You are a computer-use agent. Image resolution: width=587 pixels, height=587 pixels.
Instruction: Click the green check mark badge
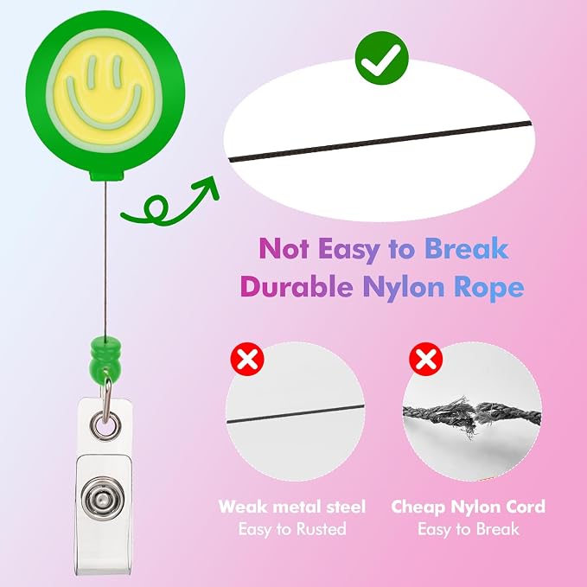pyautogui.click(x=382, y=59)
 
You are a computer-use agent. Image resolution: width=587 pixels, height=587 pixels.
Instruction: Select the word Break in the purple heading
pyautogui.click(x=466, y=248)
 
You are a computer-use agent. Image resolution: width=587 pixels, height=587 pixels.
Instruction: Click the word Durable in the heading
pyautogui.click(x=297, y=287)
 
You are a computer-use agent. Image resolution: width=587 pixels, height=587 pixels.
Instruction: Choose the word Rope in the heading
pyautogui.click(x=489, y=289)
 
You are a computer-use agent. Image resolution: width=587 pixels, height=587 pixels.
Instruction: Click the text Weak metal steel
pyautogui.click(x=292, y=507)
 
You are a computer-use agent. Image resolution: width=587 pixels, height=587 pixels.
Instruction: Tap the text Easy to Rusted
pyautogui.click(x=292, y=529)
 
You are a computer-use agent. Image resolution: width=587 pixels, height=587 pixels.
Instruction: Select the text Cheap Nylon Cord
pyautogui.click(x=469, y=507)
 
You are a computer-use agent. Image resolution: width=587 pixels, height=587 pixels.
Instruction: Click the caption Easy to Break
pyautogui.click(x=469, y=529)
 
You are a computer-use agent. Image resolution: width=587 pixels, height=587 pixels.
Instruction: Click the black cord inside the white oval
pyautogui.click(x=380, y=142)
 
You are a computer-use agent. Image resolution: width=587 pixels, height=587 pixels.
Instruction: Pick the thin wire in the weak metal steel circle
pyautogui.click(x=296, y=414)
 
